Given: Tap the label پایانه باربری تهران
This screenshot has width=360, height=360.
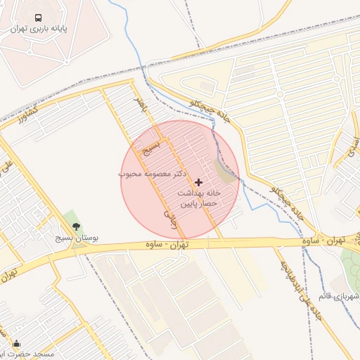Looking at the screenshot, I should pos(39,30).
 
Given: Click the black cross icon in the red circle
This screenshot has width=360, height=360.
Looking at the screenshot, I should pos(198,181).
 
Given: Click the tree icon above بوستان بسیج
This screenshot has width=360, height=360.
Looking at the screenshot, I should pos(76,227).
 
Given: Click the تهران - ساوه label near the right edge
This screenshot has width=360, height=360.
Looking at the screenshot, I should pos(330,240).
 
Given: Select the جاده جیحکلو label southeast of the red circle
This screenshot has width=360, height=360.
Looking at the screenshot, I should pos(292,204).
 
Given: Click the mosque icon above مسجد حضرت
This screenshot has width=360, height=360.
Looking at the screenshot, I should pos(16,343).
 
